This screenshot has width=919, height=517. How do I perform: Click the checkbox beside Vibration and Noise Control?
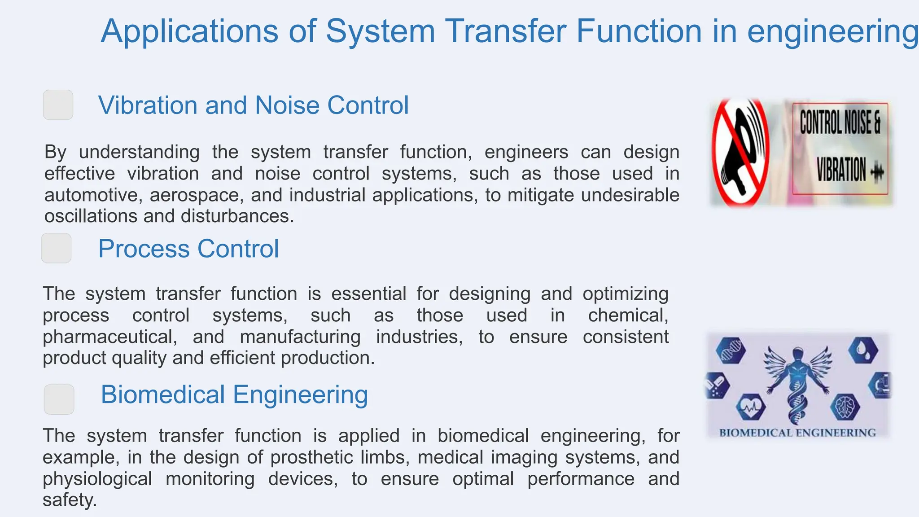pos(58,105)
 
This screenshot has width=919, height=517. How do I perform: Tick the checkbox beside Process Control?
pos(56,248)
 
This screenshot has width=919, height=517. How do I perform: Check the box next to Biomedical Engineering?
pos(59,399)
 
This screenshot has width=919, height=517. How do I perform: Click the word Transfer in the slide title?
pos(505,31)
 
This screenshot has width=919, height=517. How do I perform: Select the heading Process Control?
pos(188,249)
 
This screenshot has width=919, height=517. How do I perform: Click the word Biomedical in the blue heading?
pos(163,394)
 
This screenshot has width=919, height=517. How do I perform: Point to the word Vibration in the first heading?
pos(147,105)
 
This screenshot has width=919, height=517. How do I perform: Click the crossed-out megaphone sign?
pos(740,153)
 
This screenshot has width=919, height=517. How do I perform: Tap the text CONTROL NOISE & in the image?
pos(840,122)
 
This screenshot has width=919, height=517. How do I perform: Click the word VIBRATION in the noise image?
pos(841,170)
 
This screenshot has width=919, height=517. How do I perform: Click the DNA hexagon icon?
pos(730,351)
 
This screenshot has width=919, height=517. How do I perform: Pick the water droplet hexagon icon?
pos(862,350)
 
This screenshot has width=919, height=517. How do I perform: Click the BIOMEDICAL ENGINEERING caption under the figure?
pos(797,433)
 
